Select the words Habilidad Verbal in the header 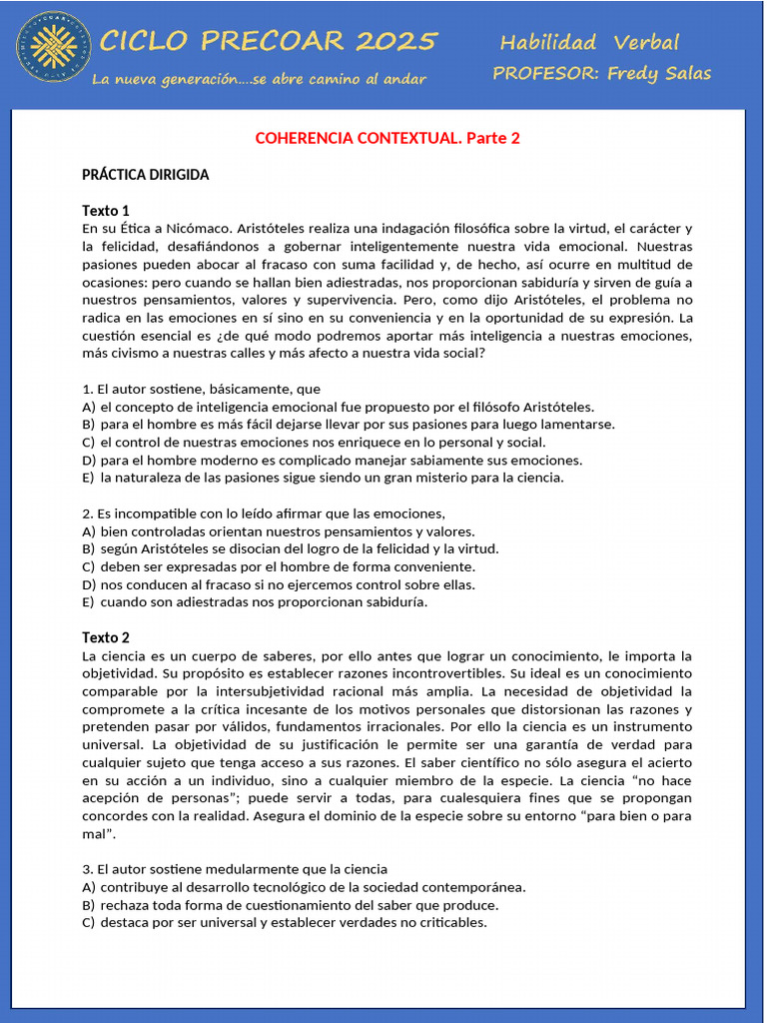pyautogui.click(x=588, y=42)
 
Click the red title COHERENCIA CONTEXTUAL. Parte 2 pyautogui.click(x=387, y=138)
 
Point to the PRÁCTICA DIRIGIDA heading pyautogui.click(x=146, y=175)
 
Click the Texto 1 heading pyautogui.click(x=106, y=211)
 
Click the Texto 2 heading pyautogui.click(x=106, y=637)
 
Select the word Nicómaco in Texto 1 pyautogui.click(x=202, y=228)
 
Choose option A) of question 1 pyautogui.click(x=338, y=407)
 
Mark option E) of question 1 pyautogui.click(x=323, y=478)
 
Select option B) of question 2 pyautogui.click(x=290, y=548)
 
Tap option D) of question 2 pyautogui.click(x=279, y=584)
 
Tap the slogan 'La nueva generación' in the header pyautogui.click(x=258, y=79)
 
